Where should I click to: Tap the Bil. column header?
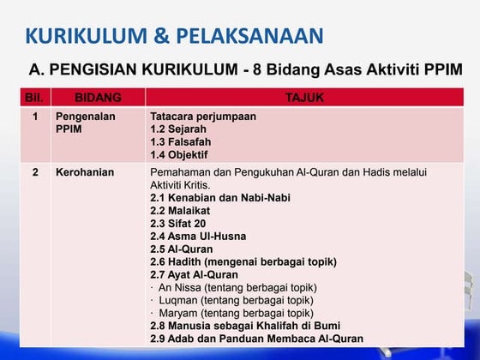pyautogui.click(x=36, y=98)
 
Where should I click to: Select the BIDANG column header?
pyautogui.click(x=98, y=98)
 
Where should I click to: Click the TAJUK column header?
pyautogui.click(x=303, y=98)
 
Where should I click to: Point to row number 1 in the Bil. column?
pyautogui.click(x=35, y=116)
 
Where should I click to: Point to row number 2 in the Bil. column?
pyautogui.click(x=35, y=172)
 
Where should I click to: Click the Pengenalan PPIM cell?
pyautogui.click(x=86, y=122)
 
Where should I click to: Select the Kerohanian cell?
pyautogui.click(x=85, y=172)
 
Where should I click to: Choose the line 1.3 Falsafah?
pyautogui.click(x=180, y=141)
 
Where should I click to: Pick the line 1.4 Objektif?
pyautogui.click(x=178, y=154)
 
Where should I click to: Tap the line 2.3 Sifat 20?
pyautogui.click(x=177, y=223)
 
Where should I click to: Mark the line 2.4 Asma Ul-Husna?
pyautogui.click(x=198, y=236)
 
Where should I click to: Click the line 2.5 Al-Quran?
pyautogui.click(x=182, y=249)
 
